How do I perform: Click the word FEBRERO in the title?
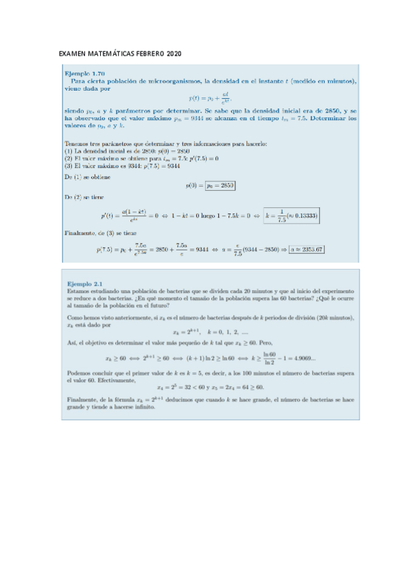point(143,54)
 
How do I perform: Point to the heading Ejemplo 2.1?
point(85,283)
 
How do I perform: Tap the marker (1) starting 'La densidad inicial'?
point(69,150)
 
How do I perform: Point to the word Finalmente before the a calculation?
point(78,233)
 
